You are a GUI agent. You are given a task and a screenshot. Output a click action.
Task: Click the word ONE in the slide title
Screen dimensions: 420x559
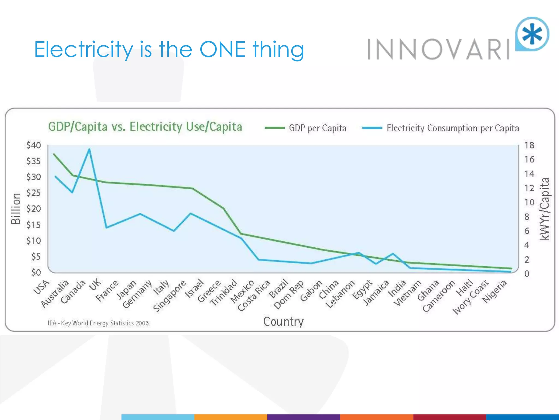pyautogui.click(x=222, y=49)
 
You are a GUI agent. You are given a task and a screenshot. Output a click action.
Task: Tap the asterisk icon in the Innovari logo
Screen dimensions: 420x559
pyautogui.click(x=532, y=34)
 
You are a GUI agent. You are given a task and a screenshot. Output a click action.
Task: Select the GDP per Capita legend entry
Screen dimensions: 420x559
pyautogui.click(x=306, y=128)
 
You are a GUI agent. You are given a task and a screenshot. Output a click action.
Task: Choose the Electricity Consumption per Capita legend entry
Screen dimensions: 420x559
pyautogui.click(x=441, y=128)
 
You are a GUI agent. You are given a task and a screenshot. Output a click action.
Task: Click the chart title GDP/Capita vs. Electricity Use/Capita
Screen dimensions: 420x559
pyautogui.click(x=145, y=127)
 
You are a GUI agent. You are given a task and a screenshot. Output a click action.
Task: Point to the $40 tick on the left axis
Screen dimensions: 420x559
pyautogui.click(x=34, y=145)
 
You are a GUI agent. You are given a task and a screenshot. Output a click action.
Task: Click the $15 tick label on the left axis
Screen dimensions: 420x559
pyautogui.click(x=34, y=225)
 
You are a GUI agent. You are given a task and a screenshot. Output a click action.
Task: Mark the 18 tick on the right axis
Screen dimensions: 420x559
pyautogui.click(x=529, y=145)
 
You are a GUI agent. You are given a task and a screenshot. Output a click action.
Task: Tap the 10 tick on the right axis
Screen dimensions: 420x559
pyautogui.click(x=529, y=202)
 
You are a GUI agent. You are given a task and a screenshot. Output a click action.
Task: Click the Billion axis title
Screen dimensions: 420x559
pyautogui.click(x=16, y=208)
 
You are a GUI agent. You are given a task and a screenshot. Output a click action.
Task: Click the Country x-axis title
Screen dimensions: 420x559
pyautogui.click(x=283, y=322)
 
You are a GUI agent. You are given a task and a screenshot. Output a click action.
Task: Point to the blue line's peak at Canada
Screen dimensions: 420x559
pyautogui.click(x=89, y=149)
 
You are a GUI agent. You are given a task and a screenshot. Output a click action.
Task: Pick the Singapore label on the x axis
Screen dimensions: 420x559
pyautogui.click(x=170, y=296)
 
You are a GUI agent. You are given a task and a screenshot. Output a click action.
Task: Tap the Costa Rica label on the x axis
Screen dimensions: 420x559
pyautogui.click(x=254, y=295)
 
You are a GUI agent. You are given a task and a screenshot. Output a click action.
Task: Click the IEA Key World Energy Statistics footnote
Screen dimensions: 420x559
pyautogui.click(x=98, y=323)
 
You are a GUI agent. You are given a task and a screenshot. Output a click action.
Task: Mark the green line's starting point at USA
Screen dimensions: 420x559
pyautogui.click(x=54, y=154)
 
